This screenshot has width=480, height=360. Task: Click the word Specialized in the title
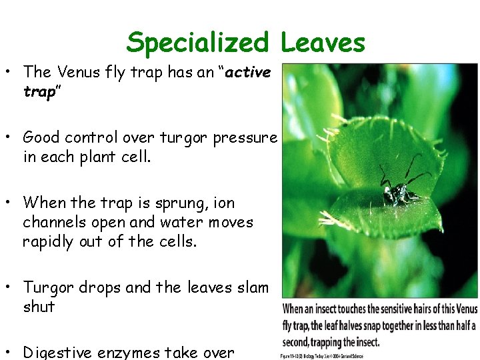(197, 43)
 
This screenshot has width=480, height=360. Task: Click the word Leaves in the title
(323, 43)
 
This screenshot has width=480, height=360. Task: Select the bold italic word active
(248, 71)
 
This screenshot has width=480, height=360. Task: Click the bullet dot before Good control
(11, 138)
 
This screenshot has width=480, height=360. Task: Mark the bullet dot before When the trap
(11, 203)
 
